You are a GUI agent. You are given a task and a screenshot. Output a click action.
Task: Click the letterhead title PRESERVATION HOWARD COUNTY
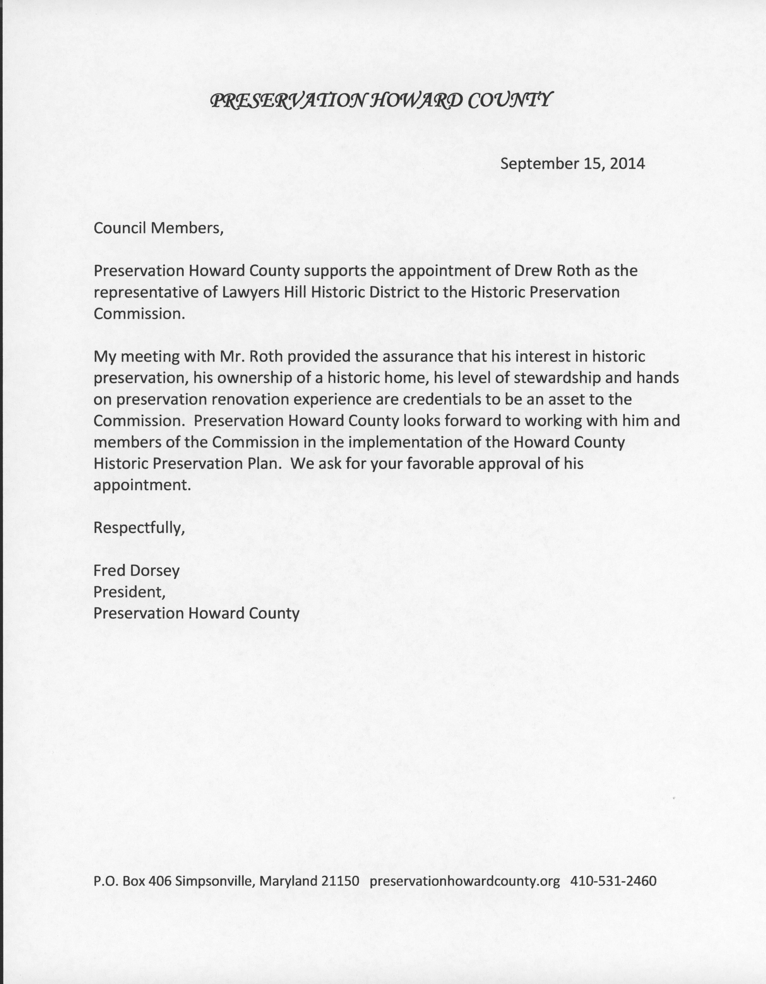click(x=381, y=100)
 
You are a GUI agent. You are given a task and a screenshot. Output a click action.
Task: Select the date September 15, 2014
click(x=572, y=163)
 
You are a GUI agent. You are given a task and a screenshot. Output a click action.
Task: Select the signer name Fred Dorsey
click(x=136, y=570)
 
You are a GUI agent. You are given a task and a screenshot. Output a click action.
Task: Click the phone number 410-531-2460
click(x=613, y=881)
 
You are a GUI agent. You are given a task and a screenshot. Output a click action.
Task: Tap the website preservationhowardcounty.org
click(x=465, y=881)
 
